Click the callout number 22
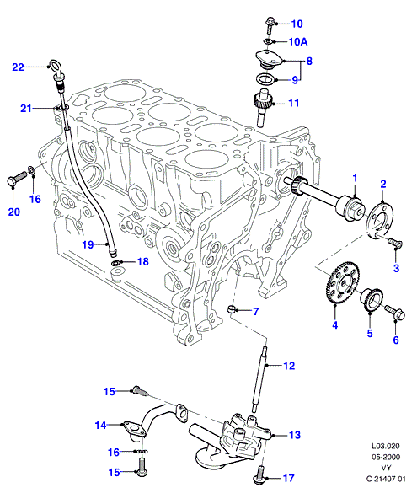[x=18, y=67]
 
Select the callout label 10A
[x=298, y=42]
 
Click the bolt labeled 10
[x=270, y=24]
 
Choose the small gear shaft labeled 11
[x=262, y=108]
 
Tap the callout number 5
[x=370, y=333]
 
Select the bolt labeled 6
[x=395, y=312]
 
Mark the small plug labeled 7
[x=232, y=309]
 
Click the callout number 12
[x=289, y=366]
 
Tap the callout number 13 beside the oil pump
[x=295, y=435]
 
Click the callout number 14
[x=100, y=425]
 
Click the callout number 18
[x=143, y=261]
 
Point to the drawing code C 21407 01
[x=386, y=479]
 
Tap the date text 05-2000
[x=386, y=457]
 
